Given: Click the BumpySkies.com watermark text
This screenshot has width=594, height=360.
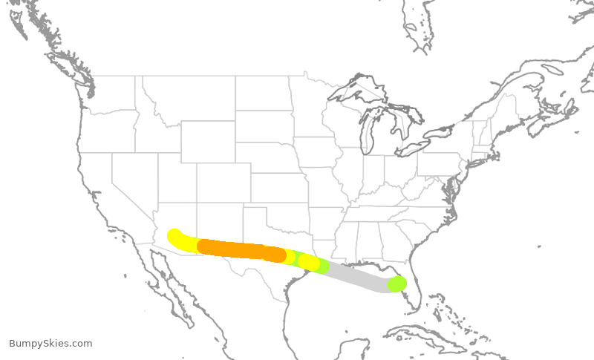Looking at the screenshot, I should [x=50, y=343].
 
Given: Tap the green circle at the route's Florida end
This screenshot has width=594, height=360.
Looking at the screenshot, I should [x=397, y=284].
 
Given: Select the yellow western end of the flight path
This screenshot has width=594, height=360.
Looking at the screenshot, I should [x=176, y=237].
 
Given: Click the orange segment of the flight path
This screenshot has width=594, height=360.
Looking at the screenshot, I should [x=238, y=249].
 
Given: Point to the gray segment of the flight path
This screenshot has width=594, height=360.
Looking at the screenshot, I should [x=356, y=275].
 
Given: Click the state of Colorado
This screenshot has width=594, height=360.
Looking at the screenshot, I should [x=215, y=183].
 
